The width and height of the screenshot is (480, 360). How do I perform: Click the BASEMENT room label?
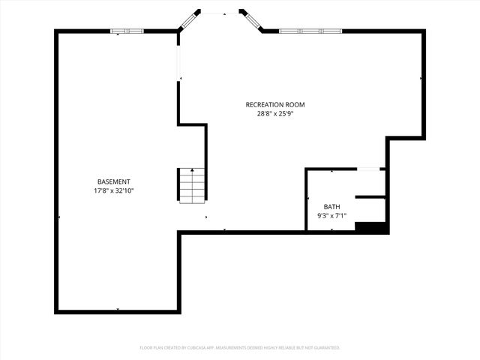coord(114,181)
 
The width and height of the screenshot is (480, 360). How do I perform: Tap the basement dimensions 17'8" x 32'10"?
coord(114,190)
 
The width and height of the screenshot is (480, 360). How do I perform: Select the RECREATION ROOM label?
coord(275,104)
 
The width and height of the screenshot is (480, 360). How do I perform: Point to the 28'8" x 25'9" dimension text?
coord(275,114)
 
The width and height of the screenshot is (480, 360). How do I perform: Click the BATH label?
coord(331,206)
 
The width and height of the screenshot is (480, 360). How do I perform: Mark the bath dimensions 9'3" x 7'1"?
coord(331,216)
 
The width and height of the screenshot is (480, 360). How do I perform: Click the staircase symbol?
coord(192,186)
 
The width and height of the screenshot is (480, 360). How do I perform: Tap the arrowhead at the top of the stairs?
coord(192,170)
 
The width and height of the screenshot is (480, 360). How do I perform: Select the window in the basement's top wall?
coord(127,31)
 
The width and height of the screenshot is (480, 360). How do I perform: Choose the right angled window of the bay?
coord(251,20)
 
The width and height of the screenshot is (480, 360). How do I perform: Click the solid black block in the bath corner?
coord(370,227)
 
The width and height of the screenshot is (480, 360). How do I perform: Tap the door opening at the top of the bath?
coord(367,169)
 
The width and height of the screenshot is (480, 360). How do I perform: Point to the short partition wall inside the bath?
coord(370,196)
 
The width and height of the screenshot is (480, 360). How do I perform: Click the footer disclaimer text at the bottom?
coord(240,348)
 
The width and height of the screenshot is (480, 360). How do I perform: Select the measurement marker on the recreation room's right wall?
coord(421,77)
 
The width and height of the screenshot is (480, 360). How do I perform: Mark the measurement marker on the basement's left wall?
coord(59,217)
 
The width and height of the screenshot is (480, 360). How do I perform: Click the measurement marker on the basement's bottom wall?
coord(118,309)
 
